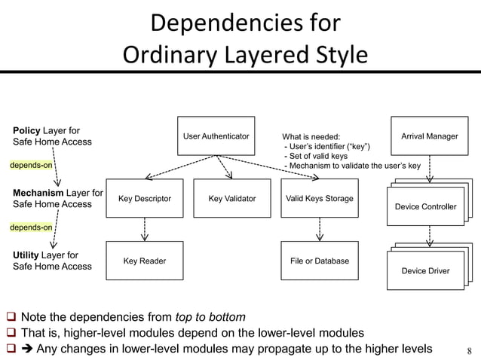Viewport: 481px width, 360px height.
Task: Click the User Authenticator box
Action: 216,136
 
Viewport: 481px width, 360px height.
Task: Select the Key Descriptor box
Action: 145,199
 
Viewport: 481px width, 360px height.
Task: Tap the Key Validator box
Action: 231,199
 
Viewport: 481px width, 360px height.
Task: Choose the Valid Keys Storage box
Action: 319,199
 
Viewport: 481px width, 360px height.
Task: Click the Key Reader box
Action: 145,261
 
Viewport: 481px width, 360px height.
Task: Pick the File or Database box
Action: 319,261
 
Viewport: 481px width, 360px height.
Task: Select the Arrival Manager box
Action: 429,136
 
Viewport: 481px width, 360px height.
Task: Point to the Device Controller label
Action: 425,206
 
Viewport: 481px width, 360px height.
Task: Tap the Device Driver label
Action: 425,270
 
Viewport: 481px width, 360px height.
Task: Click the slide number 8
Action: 469,349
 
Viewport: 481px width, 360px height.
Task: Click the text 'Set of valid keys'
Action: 316,157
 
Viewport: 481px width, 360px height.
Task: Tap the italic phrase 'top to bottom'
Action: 210,316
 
